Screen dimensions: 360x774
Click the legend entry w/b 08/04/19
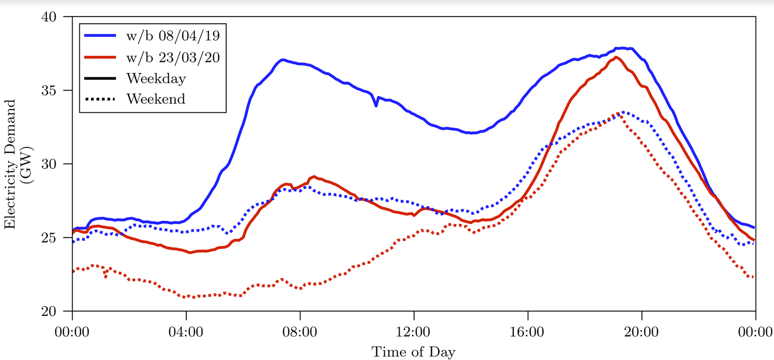173,36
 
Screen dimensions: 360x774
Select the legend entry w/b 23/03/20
173,58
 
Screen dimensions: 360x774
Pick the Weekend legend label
156,99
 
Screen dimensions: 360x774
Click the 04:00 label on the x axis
186,332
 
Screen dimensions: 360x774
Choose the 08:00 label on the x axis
300,332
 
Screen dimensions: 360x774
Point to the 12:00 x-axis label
414,332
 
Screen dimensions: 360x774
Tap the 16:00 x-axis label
528,332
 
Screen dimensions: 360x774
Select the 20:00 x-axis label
642,332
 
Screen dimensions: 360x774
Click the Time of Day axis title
414,352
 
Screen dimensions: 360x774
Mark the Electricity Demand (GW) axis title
17,164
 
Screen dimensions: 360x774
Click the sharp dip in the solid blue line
376,105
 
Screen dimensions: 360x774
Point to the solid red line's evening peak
615,57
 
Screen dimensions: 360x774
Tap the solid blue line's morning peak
282,60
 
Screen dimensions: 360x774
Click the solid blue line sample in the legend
100,36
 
